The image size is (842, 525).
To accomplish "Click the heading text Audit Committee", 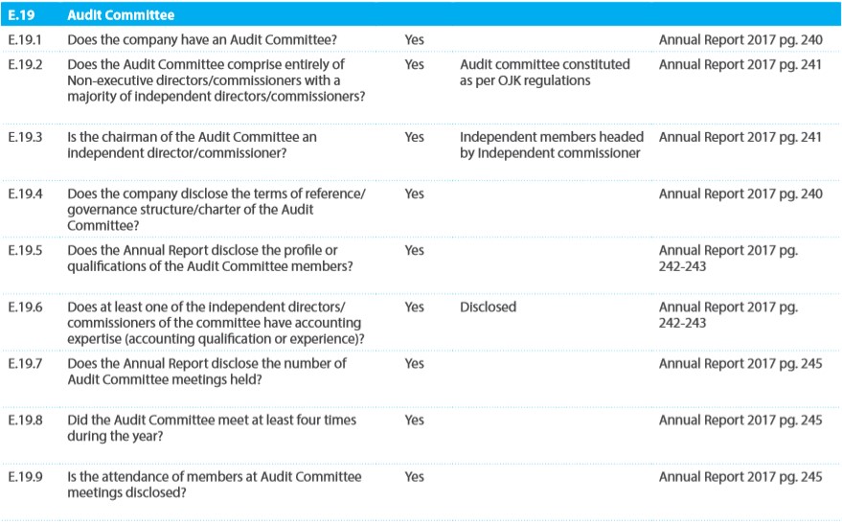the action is (x=121, y=15).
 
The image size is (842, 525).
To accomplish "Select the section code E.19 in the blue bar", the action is (x=21, y=15).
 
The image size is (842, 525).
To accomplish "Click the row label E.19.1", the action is (x=25, y=39).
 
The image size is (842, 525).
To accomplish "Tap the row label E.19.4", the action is (x=25, y=194).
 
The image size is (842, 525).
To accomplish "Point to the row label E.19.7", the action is (x=25, y=363).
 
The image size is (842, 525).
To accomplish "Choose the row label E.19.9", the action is (x=25, y=477).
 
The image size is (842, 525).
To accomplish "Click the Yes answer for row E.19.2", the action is (x=415, y=64).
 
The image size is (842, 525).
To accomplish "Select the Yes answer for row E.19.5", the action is (x=415, y=250).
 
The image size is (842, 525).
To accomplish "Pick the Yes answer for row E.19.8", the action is (x=415, y=420).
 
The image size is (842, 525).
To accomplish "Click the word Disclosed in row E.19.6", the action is (x=489, y=308).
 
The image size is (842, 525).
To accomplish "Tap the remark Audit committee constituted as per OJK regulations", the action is (x=545, y=73).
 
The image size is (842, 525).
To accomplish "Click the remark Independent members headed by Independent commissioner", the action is (x=552, y=145).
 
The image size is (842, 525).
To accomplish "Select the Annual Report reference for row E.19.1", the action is (x=740, y=40).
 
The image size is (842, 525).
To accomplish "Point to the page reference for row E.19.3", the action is (x=740, y=137).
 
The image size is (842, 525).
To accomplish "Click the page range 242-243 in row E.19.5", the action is (x=683, y=266).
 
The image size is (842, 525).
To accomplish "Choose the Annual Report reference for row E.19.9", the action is (x=740, y=477).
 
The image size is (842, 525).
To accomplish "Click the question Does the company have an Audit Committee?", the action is (x=202, y=39).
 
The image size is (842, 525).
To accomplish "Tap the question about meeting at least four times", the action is (x=212, y=428).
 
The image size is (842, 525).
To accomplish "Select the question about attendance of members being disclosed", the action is (x=215, y=485).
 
